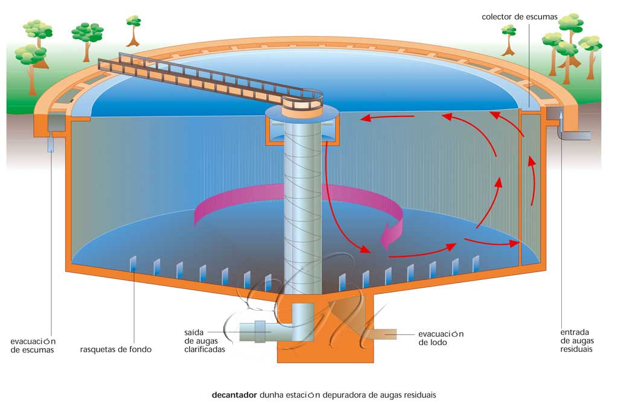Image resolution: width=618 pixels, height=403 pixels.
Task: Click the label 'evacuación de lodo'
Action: pyautogui.click(x=441, y=338)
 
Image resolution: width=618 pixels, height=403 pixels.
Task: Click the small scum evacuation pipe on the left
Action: pyautogui.click(x=51, y=144)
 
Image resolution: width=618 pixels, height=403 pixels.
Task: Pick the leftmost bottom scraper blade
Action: pyautogui.click(x=133, y=264)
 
